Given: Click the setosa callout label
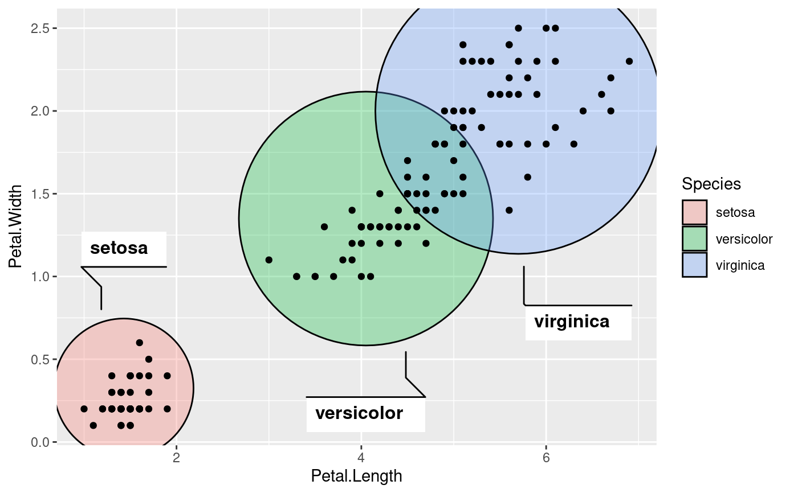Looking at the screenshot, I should click(x=119, y=248).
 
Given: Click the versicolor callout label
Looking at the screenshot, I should click(x=359, y=413).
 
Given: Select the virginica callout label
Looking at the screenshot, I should click(x=572, y=322).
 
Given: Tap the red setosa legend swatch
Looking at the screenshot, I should click(x=694, y=212).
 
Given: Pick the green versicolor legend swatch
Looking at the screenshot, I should click(x=694, y=239).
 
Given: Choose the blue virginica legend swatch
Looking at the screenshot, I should click(x=694, y=265).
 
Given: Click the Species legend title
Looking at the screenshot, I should click(x=711, y=184).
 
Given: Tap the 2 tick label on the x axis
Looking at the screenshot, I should click(x=176, y=457).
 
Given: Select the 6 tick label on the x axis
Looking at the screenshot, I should click(x=546, y=457).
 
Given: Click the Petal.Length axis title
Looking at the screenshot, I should click(x=356, y=476).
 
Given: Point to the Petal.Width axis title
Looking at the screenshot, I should click(x=15, y=226).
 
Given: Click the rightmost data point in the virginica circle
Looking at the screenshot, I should click(x=629, y=61).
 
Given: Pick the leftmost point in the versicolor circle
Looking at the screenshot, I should click(x=269, y=260).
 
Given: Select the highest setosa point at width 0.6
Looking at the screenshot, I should click(x=140, y=343).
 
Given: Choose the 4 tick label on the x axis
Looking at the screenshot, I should click(x=361, y=457).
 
